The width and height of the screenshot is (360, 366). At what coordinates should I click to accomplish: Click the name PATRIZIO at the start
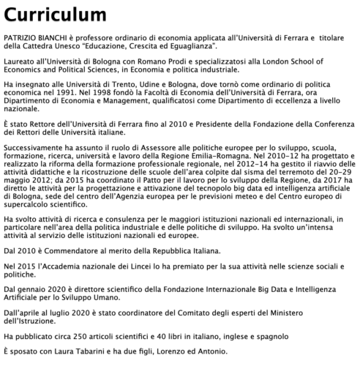(x=20, y=36)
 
